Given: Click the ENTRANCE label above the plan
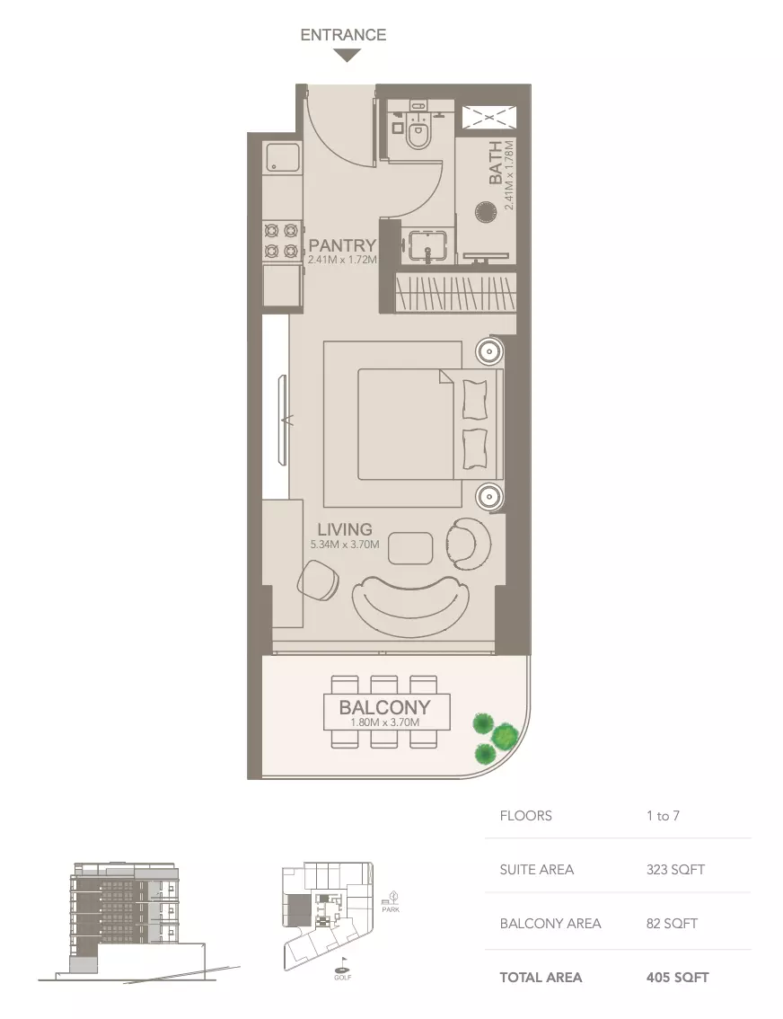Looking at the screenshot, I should tap(343, 35).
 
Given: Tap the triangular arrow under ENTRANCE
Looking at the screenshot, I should tap(347, 56).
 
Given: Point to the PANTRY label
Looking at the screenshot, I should tap(341, 245).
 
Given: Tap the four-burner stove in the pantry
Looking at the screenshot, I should tap(280, 240).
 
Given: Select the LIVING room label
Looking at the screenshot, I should tap(344, 529).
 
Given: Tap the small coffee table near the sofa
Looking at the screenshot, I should tap(411, 548).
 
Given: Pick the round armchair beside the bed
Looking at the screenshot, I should tap(468, 543).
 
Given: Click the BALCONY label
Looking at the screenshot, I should tap(384, 707).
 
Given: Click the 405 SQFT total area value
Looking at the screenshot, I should tap(677, 977).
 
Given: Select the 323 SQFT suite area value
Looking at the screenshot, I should tap(675, 870).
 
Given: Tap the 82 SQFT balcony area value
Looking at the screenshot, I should tap(672, 924).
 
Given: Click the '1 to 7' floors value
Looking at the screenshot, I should tap(663, 816).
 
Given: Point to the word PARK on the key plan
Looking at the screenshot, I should tap(390, 909).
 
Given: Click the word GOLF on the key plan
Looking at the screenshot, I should tap(344, 977).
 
